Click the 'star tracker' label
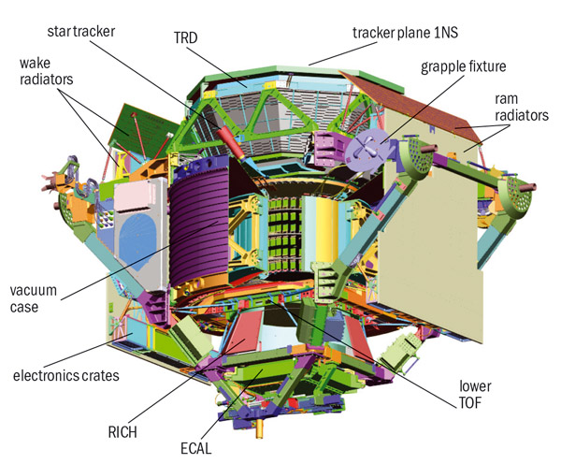click(80, 32)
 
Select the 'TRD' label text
click(186, 38)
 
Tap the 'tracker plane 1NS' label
click(406, 33)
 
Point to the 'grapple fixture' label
click(464, 67)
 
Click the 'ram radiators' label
click(522, 107)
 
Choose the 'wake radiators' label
click(46, 71)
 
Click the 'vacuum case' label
click(34, 298)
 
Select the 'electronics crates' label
click(66, 375)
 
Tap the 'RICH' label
click(122, 432)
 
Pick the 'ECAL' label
click(195, 448)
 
